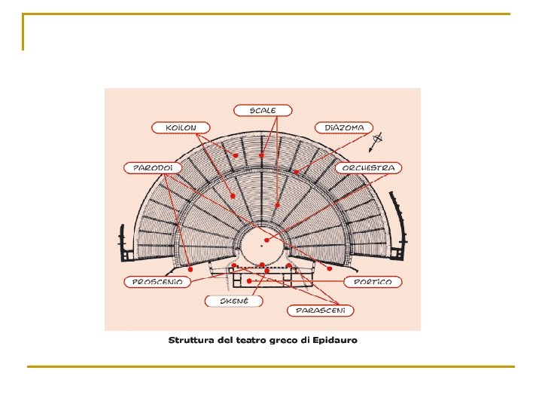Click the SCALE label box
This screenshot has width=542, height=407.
263,110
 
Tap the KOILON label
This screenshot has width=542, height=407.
181,127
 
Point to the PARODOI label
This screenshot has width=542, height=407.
152,167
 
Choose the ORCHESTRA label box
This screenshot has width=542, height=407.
369,167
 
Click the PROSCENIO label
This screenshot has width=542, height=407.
157,282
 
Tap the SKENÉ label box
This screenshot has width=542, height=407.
234,301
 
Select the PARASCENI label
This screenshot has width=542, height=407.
320,310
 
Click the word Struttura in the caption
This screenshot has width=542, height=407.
192,340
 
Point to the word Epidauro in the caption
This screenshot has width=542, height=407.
336,340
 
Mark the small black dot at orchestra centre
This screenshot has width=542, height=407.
260,245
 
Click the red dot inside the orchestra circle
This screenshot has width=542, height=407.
267,240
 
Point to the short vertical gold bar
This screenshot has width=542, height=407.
23,32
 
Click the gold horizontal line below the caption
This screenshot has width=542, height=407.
271,367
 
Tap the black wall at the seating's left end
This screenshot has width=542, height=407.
120,245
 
